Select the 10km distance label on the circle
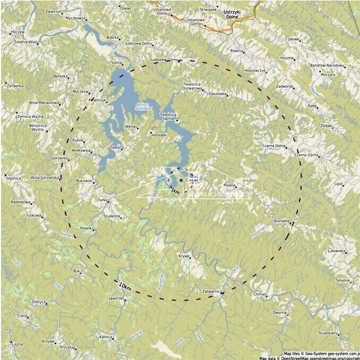[x=125, y=287]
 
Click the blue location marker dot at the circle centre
[x=181, y=181]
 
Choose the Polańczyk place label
[x=98, y=100]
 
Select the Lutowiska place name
[x=337, y=251]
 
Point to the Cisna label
[x=22, y=315]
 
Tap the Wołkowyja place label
[x=81, y=150]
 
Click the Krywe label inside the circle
[x=184, y=256]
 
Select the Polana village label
[x=229, y=185]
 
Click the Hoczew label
[x=18, y=32]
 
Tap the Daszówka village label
[x=218, y=94]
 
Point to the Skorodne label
[x=281, y=220]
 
